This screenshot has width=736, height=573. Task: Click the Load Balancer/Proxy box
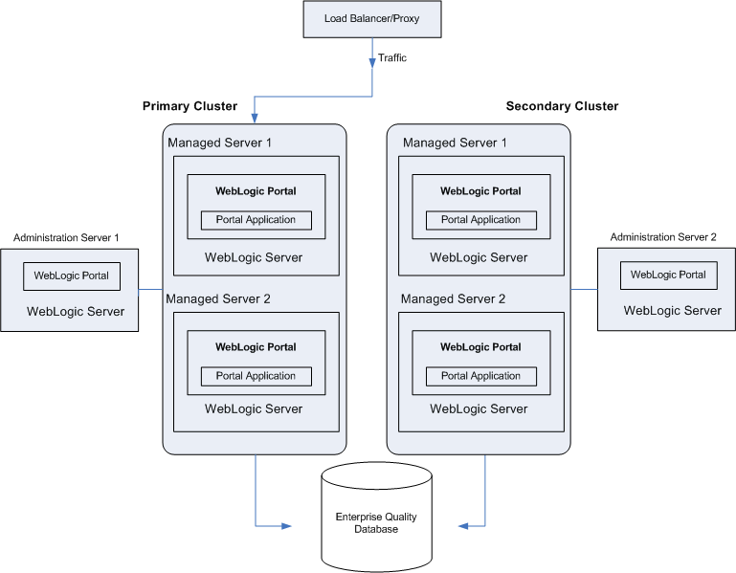coord(372,19)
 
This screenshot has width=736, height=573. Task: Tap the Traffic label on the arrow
coord(392,58)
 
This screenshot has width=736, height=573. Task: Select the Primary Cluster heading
coord(190,106)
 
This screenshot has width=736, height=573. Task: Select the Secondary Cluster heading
coord(562,106)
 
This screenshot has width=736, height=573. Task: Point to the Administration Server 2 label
coord(662,237)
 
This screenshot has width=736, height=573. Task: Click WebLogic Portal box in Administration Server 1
coord(72,275)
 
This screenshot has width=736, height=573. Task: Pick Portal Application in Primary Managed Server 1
coord(256,220)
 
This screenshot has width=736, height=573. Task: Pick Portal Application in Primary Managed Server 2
coord(256,376)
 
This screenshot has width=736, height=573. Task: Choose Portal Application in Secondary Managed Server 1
coord(480,220)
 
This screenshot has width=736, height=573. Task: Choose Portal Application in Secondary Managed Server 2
coord(480,376)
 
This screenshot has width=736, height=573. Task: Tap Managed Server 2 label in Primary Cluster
coord(218,299)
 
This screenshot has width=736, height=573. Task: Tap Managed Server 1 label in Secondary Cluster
coord(455,143)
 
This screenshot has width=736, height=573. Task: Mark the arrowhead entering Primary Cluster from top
coord(255,118)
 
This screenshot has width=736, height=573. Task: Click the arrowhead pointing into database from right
coord(464,525)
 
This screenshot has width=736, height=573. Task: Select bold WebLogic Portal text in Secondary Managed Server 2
coord(480,347)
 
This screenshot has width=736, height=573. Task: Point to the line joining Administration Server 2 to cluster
coord(584,289)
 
